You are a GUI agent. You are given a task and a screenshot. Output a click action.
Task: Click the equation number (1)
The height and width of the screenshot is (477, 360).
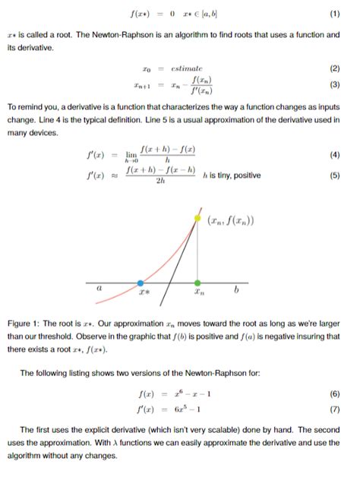point(335,14)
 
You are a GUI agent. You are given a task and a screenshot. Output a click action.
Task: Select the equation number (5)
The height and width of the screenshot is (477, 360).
point(335,175)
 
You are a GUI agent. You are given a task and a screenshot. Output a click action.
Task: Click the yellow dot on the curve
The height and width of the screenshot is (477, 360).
point(199,218)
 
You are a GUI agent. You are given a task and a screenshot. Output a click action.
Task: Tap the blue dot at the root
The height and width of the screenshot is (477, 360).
point(141,283)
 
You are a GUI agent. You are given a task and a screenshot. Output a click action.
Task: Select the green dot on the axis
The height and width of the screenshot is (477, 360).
point(199,283)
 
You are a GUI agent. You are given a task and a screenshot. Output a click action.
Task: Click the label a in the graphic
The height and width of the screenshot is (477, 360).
point(99,289)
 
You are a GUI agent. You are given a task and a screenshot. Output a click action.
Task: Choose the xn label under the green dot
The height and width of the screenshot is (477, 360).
point(199,292)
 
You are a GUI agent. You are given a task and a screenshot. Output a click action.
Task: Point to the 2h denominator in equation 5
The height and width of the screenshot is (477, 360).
point(158,182)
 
